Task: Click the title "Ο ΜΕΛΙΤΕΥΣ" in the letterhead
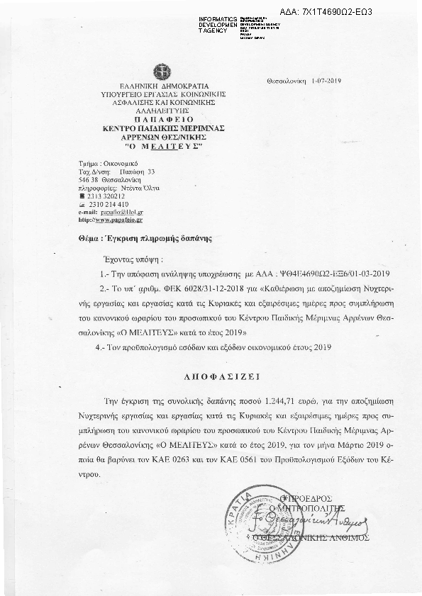(x=164, y=145)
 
